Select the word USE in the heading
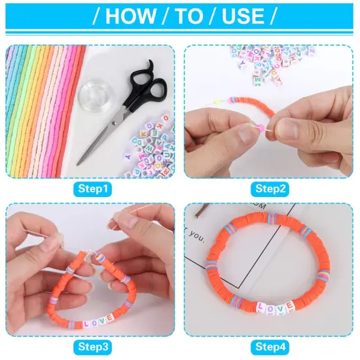coord(243,16)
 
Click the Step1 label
coord(92,189)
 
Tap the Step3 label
coord(92,346)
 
